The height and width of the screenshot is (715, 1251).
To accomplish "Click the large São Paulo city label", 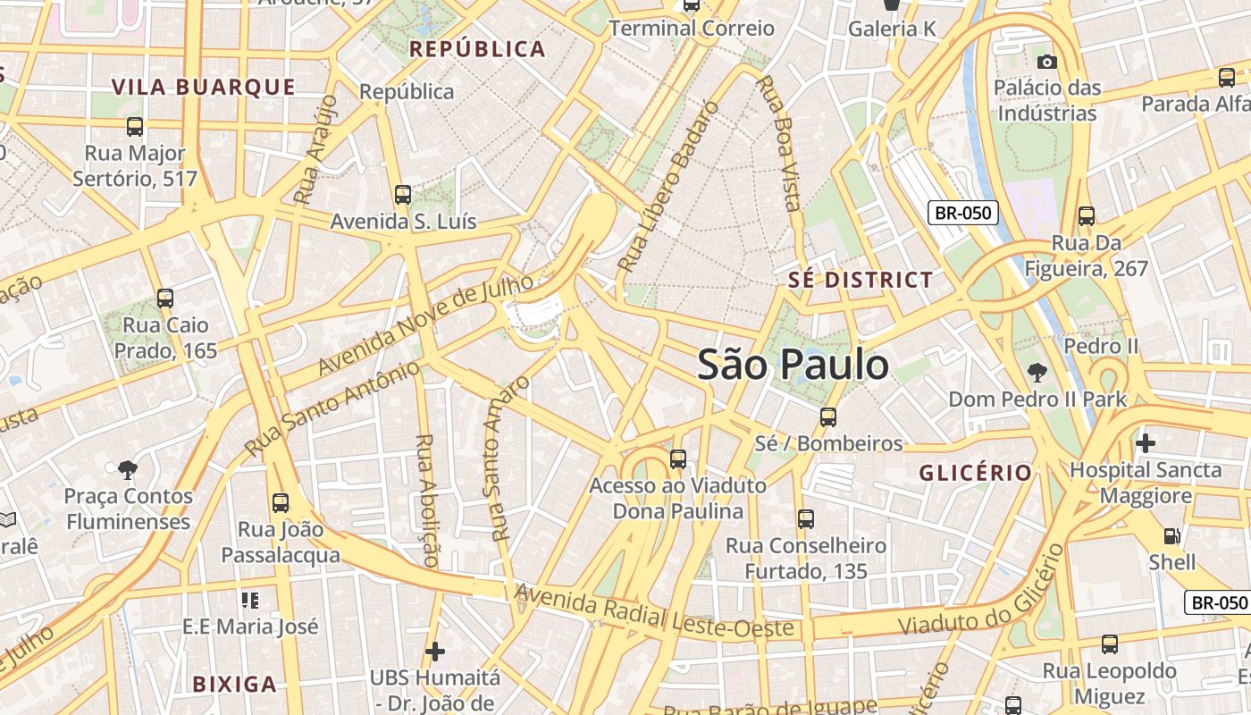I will (793, 365).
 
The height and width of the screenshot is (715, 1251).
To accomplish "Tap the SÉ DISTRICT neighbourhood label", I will (861, 280).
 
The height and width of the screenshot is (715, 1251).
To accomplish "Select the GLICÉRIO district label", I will (976, 473).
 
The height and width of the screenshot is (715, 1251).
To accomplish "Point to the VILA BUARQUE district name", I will (203, 87).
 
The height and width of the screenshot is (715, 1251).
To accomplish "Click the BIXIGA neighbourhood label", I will (235, 685).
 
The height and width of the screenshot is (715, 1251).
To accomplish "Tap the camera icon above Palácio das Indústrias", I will (1047, 62).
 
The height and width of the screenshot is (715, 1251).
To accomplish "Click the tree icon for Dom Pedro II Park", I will (1037, 372).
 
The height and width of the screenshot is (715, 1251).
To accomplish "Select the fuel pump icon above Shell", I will (1171, 536).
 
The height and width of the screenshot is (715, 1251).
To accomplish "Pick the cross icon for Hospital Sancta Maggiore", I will (1146, 442).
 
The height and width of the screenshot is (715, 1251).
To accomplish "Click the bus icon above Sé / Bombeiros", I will (828, 416).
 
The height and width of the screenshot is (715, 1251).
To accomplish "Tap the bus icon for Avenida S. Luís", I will (403, 194).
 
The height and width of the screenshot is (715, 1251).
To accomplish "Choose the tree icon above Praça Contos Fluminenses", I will (128, 468).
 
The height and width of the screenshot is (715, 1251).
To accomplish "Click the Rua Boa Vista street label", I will (778, 143).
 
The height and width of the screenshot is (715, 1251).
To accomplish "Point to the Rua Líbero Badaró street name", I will (668, 187).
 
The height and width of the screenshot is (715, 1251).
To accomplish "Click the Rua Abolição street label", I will (426, 500).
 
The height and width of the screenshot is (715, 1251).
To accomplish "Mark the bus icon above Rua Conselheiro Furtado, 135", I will (806, 518).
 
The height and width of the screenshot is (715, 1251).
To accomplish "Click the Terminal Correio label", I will (692, 29).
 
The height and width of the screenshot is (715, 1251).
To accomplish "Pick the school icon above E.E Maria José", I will (249, 599).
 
